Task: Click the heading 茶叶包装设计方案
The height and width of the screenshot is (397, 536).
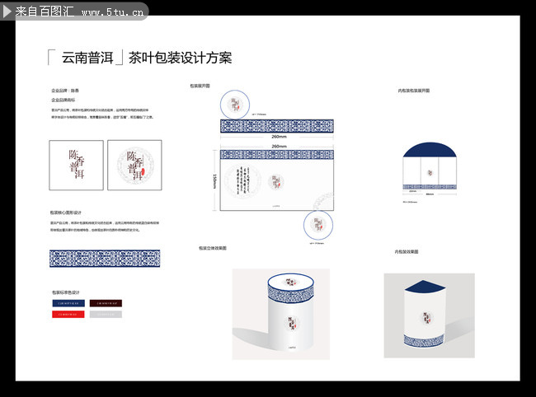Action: tap(180, 58)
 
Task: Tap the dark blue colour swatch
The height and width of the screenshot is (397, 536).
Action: tap(67, 303)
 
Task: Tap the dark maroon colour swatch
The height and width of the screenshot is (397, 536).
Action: tap(106, 303)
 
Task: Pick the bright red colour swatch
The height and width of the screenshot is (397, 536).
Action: tap(67, 315)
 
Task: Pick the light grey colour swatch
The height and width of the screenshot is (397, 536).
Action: tap(106, 315)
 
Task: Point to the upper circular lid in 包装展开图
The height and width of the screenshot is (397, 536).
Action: tap(237, 104)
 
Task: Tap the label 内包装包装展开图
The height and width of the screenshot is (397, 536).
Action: tap(413, 90)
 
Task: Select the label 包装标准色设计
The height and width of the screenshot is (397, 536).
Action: tap(67, 292)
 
